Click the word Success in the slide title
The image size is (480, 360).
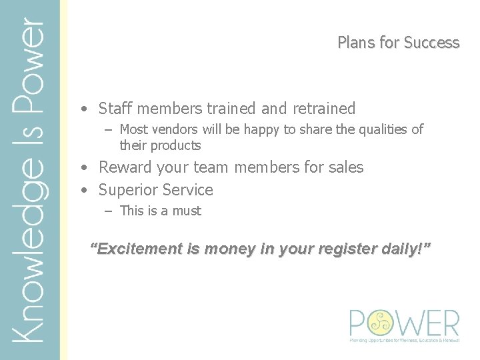pos(431,43)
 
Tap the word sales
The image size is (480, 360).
pos(345,167)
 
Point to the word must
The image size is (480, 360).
pos(187,211)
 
